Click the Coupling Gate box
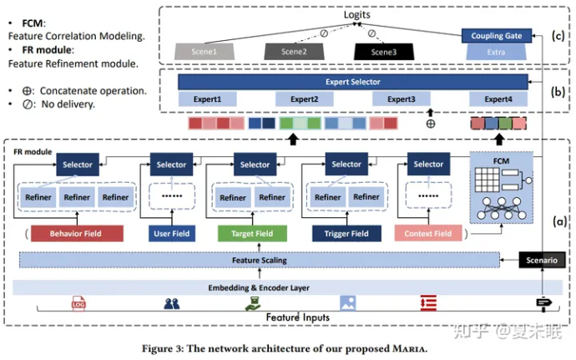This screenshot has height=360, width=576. click(x=497, y=36)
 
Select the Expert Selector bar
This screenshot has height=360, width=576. click(x=353, y=82)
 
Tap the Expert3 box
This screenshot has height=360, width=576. click(x=402, y=99)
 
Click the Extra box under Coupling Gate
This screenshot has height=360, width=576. click(x=497, y=52)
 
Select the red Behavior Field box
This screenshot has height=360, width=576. click(x=76, y=233)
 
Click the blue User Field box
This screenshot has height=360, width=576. click(x=171, y=233)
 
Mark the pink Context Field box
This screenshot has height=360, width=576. click(x=428, y=233)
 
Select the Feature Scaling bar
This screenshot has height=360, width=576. click(x=259, y=261)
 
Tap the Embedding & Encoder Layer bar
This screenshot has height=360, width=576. click(x=259, y=287)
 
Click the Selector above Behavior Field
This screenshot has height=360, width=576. click(x=77, y=165)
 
